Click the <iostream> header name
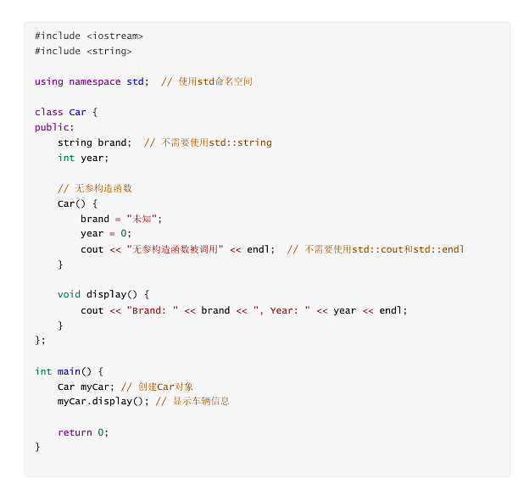[x=114, y=36]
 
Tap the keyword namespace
[x=95, y=81]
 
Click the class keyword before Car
[x=49, y=112]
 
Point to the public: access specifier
[x=54, y=127]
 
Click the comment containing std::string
[x=208, y=142]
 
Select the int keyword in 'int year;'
[x=66, y=158]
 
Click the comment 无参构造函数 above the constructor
[x=95, y=188]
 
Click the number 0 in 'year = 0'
[x=124, y=234]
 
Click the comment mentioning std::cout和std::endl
[x=376, y=249]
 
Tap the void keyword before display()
[x=70, y=295]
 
